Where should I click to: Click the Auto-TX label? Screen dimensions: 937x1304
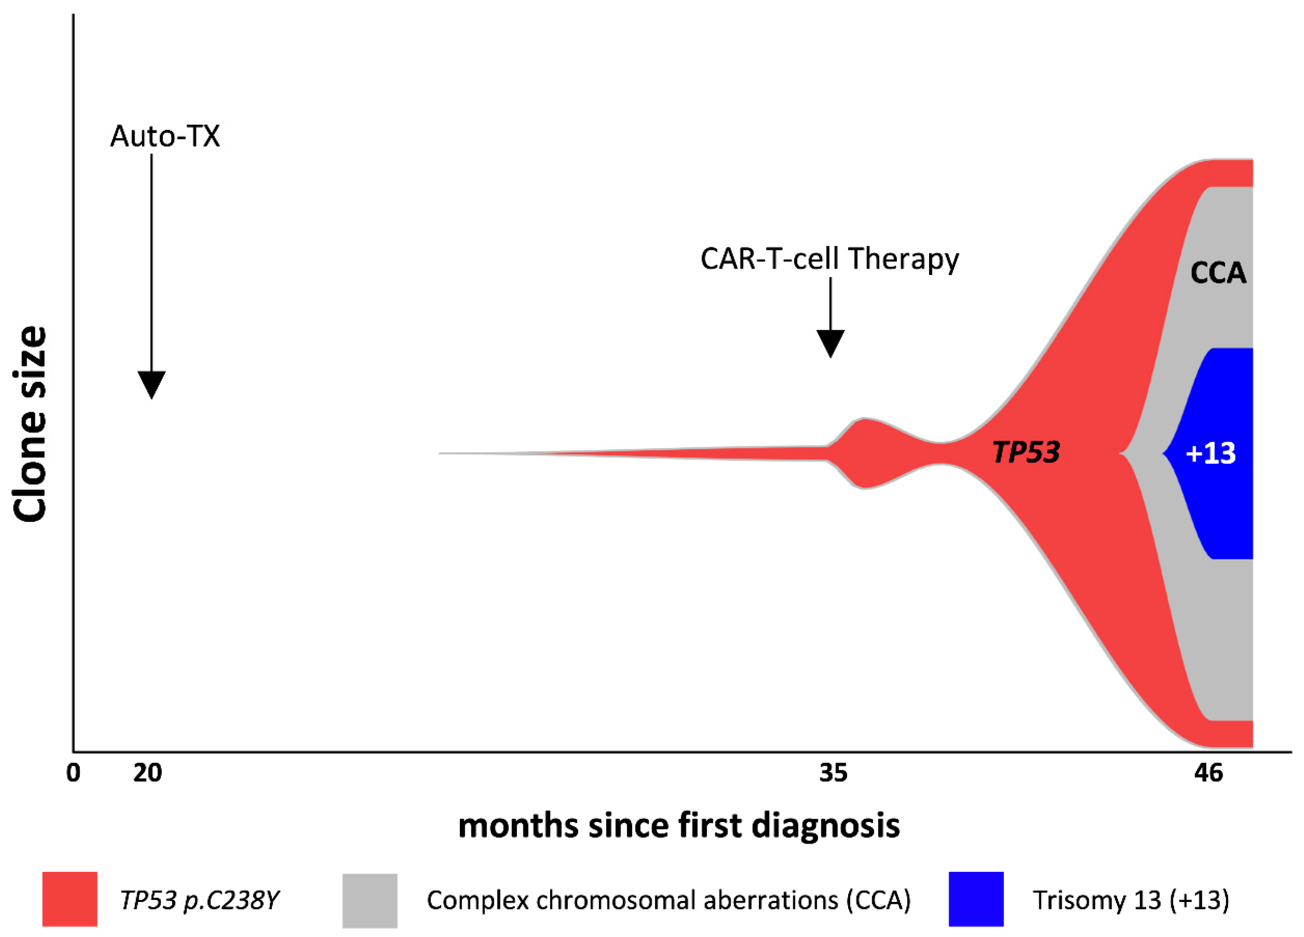[165, 137]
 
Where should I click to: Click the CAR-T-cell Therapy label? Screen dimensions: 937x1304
[829, 259]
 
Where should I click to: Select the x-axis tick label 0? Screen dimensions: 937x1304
[73, 773]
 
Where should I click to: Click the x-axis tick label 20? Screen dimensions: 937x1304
[148, 773]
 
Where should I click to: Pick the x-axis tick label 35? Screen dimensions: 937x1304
[833, 773]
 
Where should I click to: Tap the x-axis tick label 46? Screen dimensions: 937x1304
[1209, 773]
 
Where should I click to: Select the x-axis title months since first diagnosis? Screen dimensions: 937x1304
[679, 826]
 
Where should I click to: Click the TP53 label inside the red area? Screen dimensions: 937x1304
[1026, 452]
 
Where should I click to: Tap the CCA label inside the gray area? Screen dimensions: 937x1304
[1218, 273]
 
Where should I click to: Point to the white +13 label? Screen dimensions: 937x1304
[1210, 453]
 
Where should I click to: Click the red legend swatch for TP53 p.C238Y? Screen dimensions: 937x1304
[70, 899]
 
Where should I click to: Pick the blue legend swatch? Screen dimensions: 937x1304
[976, 899]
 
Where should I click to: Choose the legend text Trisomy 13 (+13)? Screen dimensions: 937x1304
[1130, 900]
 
